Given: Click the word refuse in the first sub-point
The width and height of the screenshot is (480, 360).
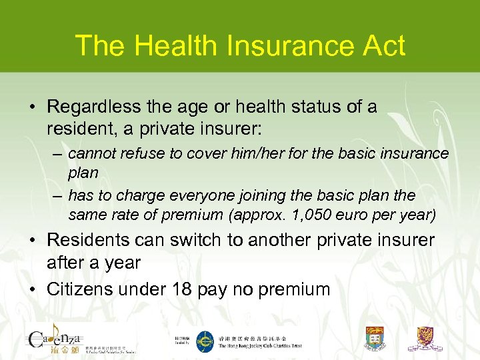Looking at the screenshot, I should pyautogui.click(x=148, y=153).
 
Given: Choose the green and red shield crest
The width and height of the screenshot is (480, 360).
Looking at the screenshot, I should pyautogui.click(x=375, y=339).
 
